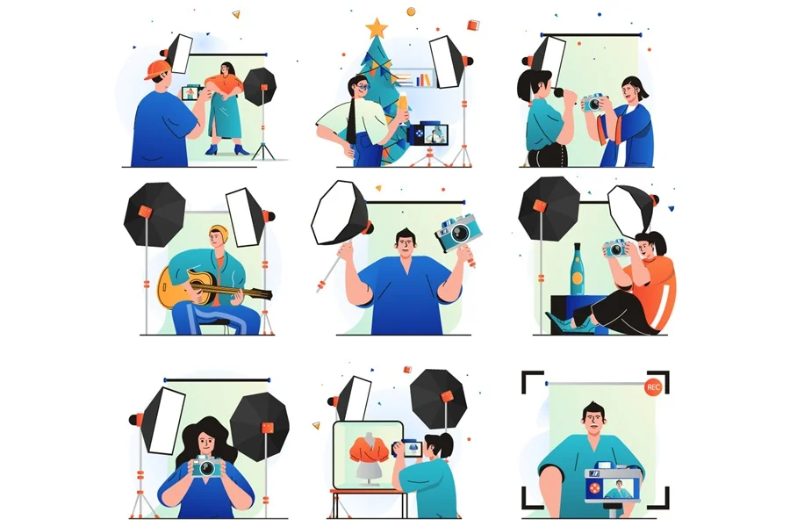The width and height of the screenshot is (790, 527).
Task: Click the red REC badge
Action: click(x=653, y=386)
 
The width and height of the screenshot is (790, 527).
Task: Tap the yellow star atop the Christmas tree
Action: click(x=377, y=28)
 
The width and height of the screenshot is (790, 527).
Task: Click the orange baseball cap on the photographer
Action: click(x=157, y=69)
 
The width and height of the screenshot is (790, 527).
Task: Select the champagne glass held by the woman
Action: click(x=403, y=106)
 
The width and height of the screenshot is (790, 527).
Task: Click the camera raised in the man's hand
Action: click(x=458, y=233)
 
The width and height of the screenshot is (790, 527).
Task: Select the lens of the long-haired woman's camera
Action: click(x=206, y=469)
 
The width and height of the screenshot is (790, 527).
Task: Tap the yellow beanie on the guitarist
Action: click(x=219, y=233)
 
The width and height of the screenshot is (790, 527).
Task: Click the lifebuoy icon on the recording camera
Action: click(x=595, y=488)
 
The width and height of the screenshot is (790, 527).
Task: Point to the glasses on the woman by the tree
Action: click(x=363, y=87)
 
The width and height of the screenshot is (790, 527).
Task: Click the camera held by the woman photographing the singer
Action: click(x=593, y=103)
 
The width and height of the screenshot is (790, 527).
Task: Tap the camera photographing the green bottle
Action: click(x=616, y=248)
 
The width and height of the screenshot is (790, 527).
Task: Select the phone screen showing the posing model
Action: click(x=191, y=93)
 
